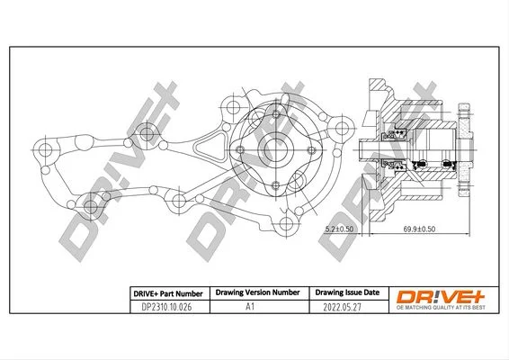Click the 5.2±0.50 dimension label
[339, 229]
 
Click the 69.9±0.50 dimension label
[419, 229]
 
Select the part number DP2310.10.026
[166, 307]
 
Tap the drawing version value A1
[250, 306]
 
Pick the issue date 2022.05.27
[342, 307]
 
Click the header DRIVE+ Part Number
[168, 294]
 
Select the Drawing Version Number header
[258, 292]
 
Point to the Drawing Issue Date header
[347, 292]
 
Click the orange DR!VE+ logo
[441, 297]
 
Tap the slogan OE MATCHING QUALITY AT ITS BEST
[441, 308]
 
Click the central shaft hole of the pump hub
[275, 149]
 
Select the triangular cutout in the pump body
[210, 146]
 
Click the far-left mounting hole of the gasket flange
[45, 149]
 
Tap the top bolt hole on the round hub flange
[276, 114]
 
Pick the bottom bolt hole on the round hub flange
[275, 185]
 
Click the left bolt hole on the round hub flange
[240, 149]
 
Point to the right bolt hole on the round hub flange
[311, 150]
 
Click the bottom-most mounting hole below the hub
[286, 223]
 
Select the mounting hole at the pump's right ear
[342, 128]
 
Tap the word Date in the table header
[371, 292]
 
